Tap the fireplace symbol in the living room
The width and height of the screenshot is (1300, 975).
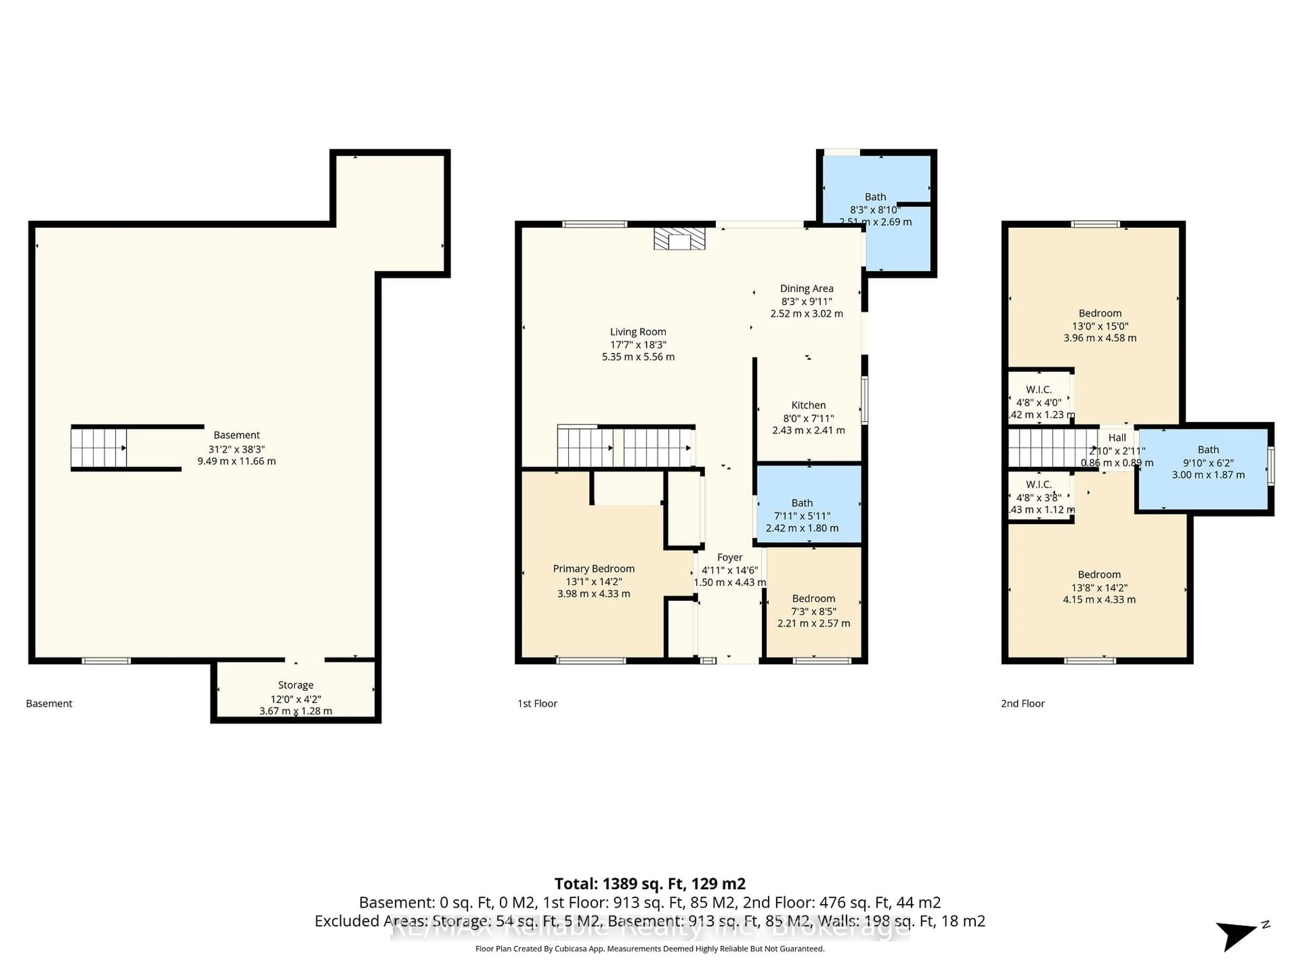click(679, 239)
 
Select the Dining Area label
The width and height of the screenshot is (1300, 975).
click(806, 288)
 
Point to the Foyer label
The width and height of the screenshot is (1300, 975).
click(729, 557)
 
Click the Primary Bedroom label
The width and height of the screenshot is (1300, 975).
click(593, 568)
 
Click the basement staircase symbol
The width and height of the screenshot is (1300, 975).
click(99, 448)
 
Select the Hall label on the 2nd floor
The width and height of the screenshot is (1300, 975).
click(1117, 438)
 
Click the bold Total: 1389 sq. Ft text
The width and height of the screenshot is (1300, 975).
click(649, 884)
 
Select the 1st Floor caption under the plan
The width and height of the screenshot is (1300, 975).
click(537, 703)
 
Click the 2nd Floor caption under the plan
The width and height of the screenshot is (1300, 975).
click(1023, 703)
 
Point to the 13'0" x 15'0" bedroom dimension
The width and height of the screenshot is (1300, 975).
click(1100, 326)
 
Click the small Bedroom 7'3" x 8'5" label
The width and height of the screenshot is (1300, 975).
click(814, 598)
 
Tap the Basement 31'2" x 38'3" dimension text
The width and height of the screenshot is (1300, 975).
click(236, 449)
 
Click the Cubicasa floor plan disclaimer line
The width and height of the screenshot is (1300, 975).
click(649, 949)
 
